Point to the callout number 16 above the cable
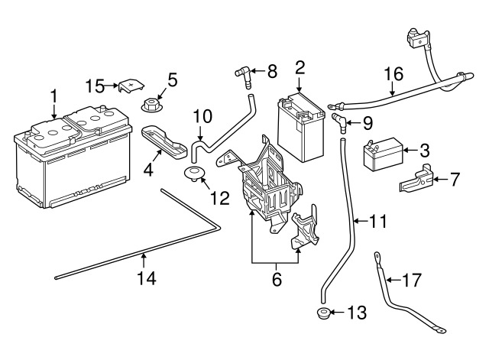coord(393,74)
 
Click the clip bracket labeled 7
coord(416,180)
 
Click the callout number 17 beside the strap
coord(411,281)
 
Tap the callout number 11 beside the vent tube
coord(378,222)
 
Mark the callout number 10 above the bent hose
coord(202,116)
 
